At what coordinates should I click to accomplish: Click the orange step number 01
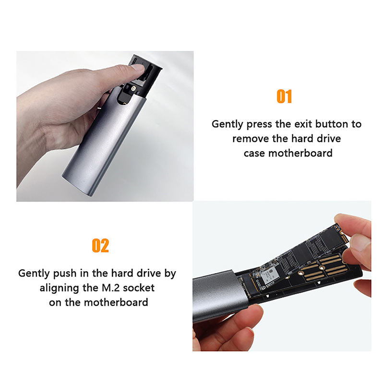click(284, 96)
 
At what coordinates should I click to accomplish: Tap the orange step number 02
click(100, 245)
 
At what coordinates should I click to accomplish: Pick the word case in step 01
click(254, 154)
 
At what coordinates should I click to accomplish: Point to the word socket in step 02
click(139, 288)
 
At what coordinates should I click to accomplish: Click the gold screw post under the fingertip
click(133, 88)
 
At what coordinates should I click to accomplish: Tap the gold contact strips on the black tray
click(323, 266)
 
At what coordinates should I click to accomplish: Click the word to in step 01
click(356, 124)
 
